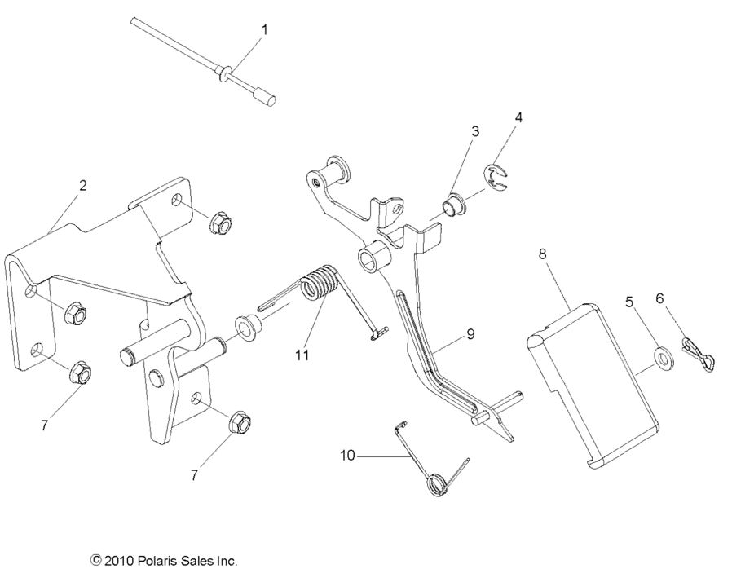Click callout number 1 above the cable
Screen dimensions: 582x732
264,29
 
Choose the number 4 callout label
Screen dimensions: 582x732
518,117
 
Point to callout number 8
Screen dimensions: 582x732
544,254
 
